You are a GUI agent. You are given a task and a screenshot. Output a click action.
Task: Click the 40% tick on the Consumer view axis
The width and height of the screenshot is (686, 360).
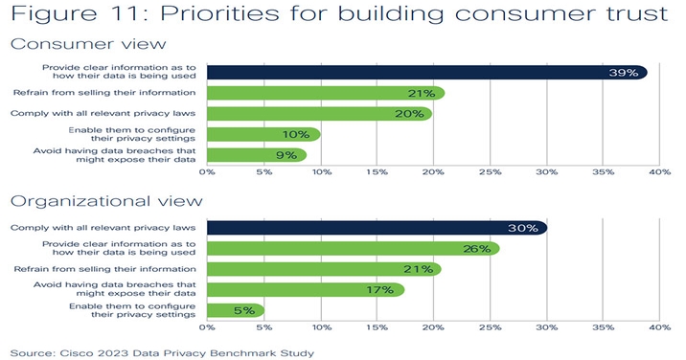pos(659,173)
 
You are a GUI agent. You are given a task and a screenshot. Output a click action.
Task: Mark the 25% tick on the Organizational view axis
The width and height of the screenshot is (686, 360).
pos(489,328)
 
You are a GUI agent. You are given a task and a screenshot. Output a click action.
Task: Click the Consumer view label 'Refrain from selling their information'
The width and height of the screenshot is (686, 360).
pos(105,93)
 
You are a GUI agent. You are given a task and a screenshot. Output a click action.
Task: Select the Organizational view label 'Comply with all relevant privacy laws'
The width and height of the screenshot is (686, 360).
pos(105,228)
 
